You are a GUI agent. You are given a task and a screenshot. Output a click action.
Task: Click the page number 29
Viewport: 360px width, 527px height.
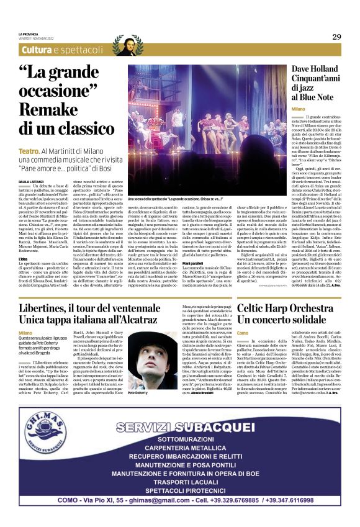[x=336, y=37]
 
